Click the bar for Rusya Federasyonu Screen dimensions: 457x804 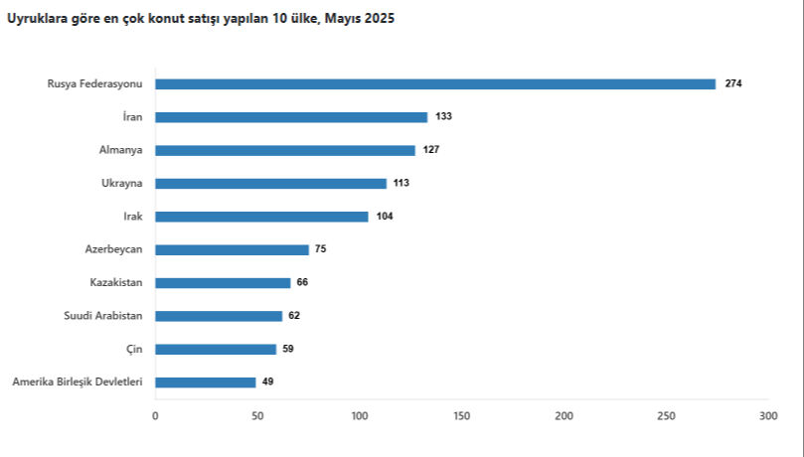pos(435,84)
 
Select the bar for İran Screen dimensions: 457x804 pos(291,117)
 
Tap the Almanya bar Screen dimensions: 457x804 pos(285,150)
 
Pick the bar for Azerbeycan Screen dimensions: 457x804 pos(232,249)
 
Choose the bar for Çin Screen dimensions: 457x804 pos(216,349)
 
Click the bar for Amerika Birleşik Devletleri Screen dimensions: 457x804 pos(206,382)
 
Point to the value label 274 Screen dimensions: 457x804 pos(733,84)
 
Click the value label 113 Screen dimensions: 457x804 pos(402,184)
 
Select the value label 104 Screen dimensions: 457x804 pos(385,217)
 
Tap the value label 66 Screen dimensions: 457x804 pos(302,283)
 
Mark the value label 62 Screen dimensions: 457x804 pos(294,316)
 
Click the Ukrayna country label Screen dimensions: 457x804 pos(122,184)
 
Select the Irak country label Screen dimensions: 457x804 pos(132,217)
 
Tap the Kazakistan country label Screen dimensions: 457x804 pos(116,283)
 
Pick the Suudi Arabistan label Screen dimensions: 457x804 pos(103,316)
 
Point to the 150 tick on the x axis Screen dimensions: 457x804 pos(461,416)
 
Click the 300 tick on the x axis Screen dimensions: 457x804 pos(767,416)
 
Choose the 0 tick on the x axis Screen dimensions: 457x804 pos(155,416)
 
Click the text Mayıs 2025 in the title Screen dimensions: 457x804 pos(360,19)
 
